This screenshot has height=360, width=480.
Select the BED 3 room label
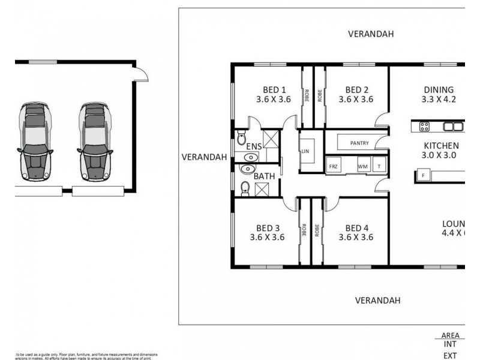[x=268, y=227]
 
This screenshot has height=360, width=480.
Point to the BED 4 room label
[x=356, y=227]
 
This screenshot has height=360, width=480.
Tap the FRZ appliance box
[x=334, y=165]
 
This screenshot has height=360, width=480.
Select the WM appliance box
[x=362, y=165]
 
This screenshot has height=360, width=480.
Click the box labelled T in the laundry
[x=379, y=165]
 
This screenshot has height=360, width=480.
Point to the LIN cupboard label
[x=305, y=151]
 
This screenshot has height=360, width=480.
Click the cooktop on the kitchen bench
[x=424, y=126]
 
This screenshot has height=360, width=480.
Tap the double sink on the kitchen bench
[x=453, y=126]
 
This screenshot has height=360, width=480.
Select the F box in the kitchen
[x=423, y=176]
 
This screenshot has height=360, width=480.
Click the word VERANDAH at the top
[x=371, y=34]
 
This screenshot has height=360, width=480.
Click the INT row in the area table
[x=450, y=344]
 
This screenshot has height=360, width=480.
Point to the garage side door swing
[x=141, y=73]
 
